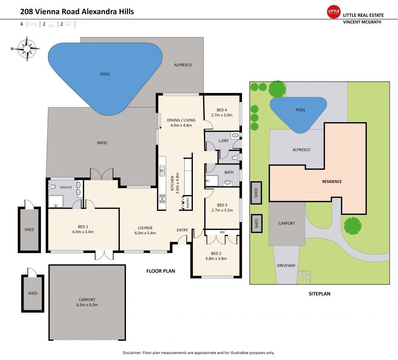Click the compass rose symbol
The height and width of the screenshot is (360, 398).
pyautogui.click(x=27, y=49)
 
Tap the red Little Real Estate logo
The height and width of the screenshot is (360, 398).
pyautogui.click(x=334, y=11)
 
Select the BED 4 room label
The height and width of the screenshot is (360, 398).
pyautogui.click(x=222, y=110)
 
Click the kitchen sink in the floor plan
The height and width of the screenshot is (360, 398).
pyautogui.click(x=162, y=169)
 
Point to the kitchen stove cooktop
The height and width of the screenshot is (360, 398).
pyautogui.click(x=162, y=198)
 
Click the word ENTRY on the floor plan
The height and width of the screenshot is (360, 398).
pyautogui.click(x=183, y=230)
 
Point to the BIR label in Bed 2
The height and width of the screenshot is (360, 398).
pyautogui.click(x=222, y=232)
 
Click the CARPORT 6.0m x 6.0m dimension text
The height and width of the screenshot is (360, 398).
pyautogui.click(x=87, y=305)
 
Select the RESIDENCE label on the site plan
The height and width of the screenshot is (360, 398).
pyautogui.click(x=332, y=181)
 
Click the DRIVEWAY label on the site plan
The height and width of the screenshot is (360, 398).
pyautogui.click(x=286, y=266)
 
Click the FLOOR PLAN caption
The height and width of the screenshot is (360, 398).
pyautogui.click(x=161, y=271)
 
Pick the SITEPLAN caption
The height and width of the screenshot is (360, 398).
pyautogui.click(x=319, y=294)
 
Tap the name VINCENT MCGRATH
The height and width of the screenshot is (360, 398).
pyautogui.click(x=362, y=22)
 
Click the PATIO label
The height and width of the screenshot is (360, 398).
pyautogui.click(x=102, y=143)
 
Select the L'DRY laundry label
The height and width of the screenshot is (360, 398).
pyautogui.click(x=224, y=141)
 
